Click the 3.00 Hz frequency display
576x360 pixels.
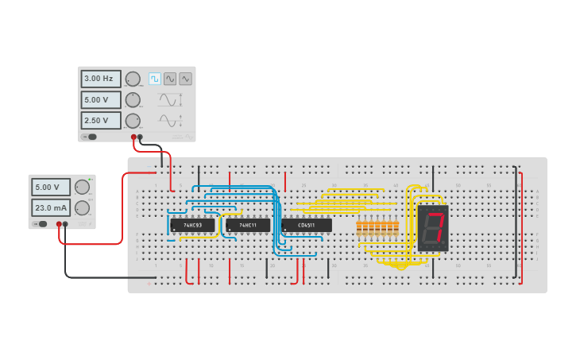(100, 79)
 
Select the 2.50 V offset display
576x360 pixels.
(100, 120)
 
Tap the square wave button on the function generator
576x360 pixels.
(155, 79)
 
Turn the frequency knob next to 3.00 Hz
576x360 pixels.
(133, 79)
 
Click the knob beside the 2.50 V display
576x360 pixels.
(133, 121)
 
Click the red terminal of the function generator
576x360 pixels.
(133, 137)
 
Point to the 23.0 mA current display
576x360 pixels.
(51, 207)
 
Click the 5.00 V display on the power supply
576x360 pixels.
(51, 187)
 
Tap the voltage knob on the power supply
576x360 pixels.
(82, 187)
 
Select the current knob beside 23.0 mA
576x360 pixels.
(82, 207)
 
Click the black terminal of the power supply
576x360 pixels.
(65, 224)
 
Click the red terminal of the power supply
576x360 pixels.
(58, 224)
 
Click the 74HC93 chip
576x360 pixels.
(192, 226)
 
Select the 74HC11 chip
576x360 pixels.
(247, 226)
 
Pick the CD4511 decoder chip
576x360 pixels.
(306, 226)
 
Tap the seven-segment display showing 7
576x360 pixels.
(433, 228)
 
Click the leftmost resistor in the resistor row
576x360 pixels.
(359, 229)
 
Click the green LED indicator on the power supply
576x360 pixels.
(91, 179)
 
